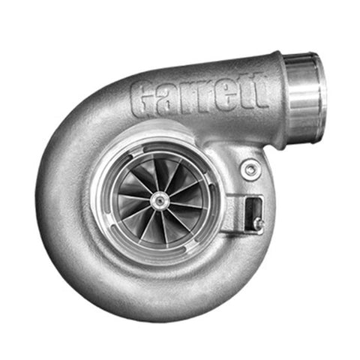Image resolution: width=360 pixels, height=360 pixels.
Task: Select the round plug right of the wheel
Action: [251, 169]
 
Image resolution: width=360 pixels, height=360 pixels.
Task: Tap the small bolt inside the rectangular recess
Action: [258, 223]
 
